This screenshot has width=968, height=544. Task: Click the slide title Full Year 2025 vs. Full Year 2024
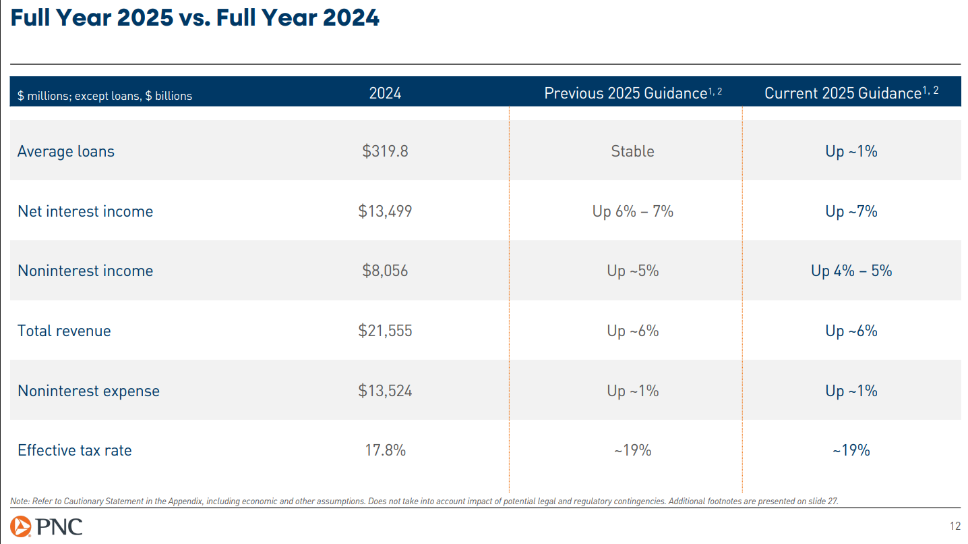point(195,18)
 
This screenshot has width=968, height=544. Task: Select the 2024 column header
point(385,93)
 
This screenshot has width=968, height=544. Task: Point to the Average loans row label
point(66,151)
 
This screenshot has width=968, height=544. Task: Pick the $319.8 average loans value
point(385,151)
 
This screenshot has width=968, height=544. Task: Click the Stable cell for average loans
point(632,151)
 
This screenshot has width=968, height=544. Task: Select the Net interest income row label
point(85,211)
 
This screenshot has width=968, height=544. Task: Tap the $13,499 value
point(385,211)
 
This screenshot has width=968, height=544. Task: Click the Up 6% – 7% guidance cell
point(632,211)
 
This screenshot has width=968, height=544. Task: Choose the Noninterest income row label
point(85,271)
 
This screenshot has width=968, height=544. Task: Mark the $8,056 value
point(385,271)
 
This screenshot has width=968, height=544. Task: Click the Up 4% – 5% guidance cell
point(851,271)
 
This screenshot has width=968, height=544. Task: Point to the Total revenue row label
point(64,331)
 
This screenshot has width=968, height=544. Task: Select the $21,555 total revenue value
point(385,331)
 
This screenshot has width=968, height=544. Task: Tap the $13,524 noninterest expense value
point(385,391)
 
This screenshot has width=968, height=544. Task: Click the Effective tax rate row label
point(74,450)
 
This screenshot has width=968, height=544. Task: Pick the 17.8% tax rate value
point(385,450)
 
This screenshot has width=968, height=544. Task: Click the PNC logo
point(47,526)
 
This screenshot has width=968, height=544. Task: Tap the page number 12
point(955,526)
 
